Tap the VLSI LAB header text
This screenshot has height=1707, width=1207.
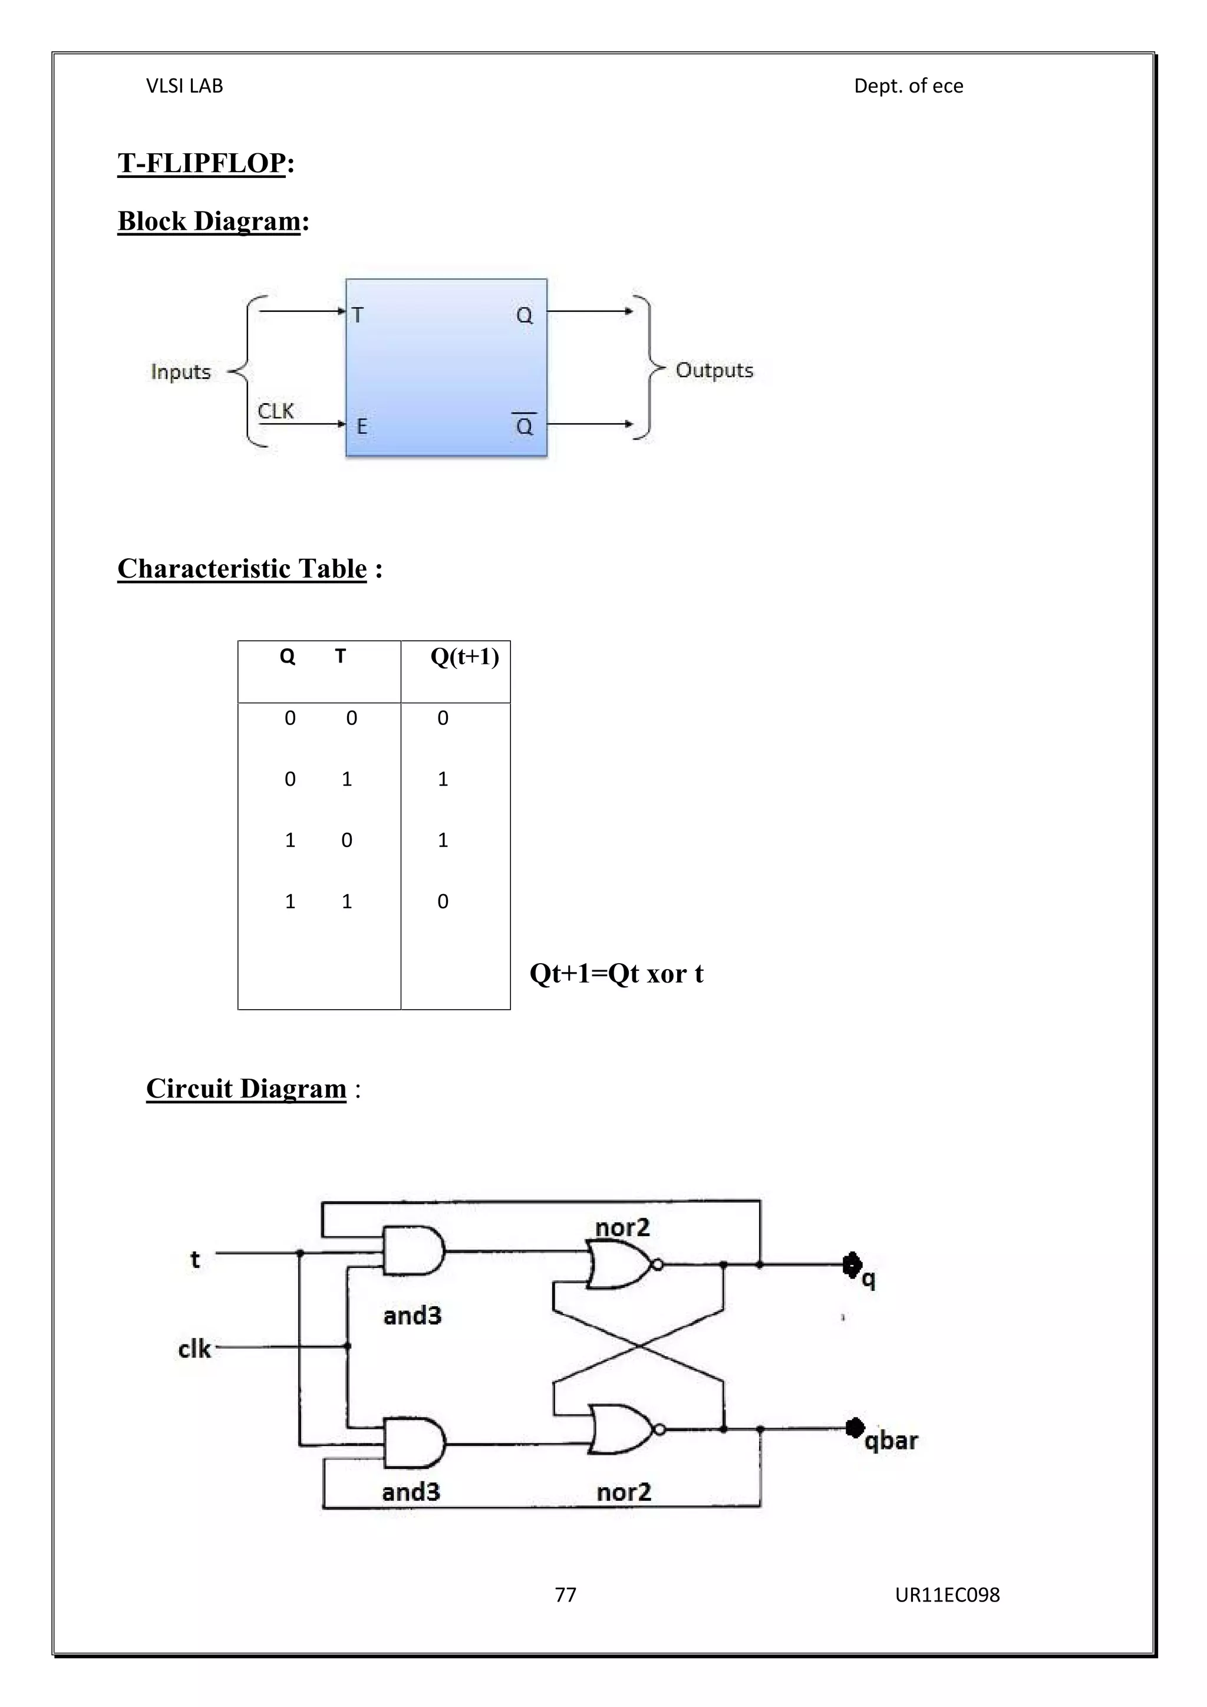click(184, 86)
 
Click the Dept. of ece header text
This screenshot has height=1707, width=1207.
click(908, 86)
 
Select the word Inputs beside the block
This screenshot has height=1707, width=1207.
click(180, 372)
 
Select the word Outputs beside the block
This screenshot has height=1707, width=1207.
click(714, 370)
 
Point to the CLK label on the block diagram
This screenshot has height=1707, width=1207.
click(276, 411)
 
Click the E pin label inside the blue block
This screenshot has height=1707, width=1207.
click(362, 427)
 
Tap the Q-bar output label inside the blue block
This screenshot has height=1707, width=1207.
click(525, 426)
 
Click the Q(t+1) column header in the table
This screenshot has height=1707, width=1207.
click(464, 657)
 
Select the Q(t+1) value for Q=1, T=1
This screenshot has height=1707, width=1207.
click(443, 902)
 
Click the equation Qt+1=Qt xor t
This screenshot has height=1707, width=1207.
click(616, 973)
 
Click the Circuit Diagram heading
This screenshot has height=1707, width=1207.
click(246, 1089)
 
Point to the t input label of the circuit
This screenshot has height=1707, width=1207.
click(194, 1260)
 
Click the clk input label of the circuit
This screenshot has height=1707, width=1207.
click(194, 1349)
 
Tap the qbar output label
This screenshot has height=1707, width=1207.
click(891, 1441)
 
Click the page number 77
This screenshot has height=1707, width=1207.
click(566, 1595)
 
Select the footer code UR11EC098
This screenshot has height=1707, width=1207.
click(948, 1595)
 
